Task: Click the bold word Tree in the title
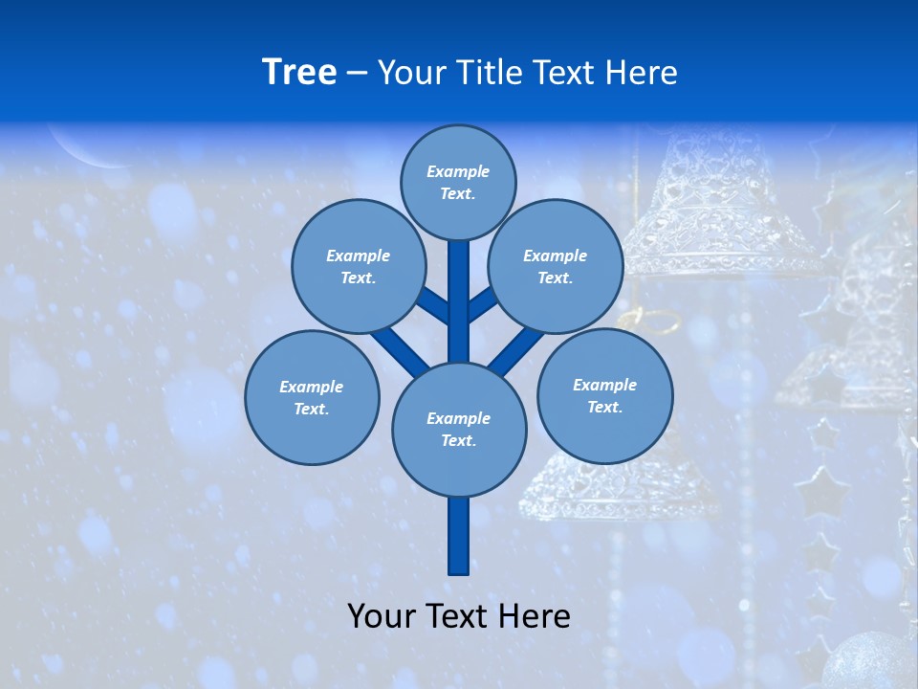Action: [299, 72]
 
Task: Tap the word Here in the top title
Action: [641, 72]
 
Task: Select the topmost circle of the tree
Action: [458, 182]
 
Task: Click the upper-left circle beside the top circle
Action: [358, 266]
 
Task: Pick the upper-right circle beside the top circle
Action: [556, 266]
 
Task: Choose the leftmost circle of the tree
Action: [312, 397]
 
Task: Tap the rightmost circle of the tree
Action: [604, 395]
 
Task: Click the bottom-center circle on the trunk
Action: [459, 430]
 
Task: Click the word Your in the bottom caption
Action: [382, 615]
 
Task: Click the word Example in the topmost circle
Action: [458, 171]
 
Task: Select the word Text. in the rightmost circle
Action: [604, 407]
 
